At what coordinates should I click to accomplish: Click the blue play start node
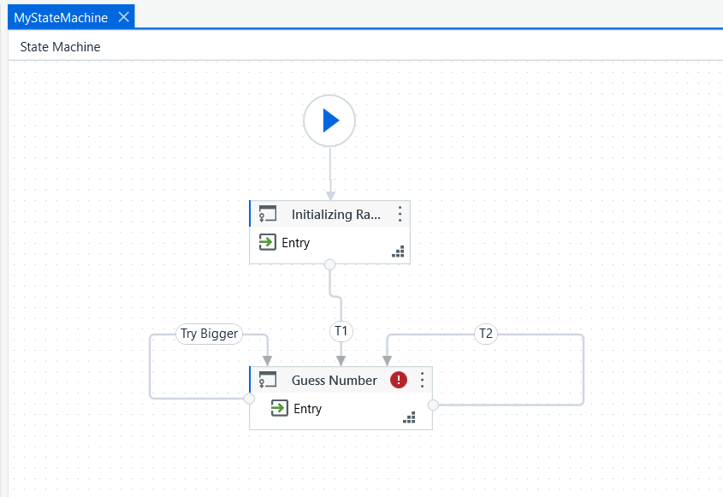click(x=329, y=121)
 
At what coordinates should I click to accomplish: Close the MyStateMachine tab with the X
click(x=123, y=17)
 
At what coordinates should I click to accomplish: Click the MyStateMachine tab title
click(x=61, y=17)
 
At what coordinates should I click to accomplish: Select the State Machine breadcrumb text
click(x=61, y=46)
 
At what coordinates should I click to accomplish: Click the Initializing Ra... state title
click(x=336, y=215)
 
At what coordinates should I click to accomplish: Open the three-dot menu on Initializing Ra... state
click(x=400, y=214)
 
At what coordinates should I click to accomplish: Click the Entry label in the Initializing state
click(x=295, y=242)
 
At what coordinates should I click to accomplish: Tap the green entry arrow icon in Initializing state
click(x=268, y=242)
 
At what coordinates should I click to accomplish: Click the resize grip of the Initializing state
click(x=398, y=251)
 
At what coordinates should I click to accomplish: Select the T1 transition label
click(x=341, y=331)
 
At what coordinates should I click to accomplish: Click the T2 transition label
click(x=486, y=334)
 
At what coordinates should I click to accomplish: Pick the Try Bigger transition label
click(x=210, y=334)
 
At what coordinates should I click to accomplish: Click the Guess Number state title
click(x=335, y=381)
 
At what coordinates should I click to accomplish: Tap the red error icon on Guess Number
click(x=399, y=380)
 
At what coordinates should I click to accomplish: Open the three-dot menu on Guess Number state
click(x=422, y=380)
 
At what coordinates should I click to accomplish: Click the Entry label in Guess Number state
click(x=307, y=409)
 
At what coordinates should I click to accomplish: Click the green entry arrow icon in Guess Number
click(x=280, y=408)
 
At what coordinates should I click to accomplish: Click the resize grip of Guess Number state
click(x=409, y=417)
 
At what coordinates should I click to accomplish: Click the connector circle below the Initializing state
click(x=329, y=264)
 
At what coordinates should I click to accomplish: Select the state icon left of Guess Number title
click(x=268, y=380)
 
